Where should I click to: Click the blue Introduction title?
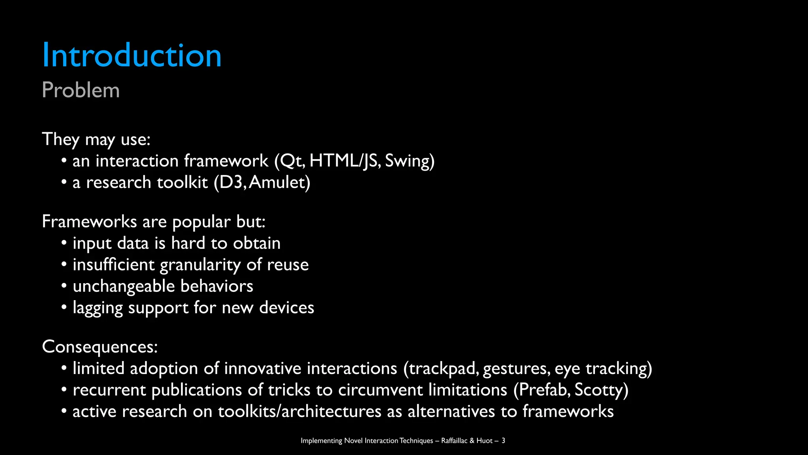click(x=131, y=55)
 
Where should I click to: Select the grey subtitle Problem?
click(x=80, y=90)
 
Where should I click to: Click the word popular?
click(x=201, y=222)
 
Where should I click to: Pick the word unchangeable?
click(x=123, y=286)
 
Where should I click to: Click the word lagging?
click(x=97, y=308)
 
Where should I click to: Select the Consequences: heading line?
click(x=99, y=346)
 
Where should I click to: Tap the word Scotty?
click(x=598, y=390)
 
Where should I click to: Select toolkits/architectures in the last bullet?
click(x=299, y=411)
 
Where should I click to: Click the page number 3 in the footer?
click(x=503, y=440)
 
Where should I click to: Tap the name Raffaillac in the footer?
click(x=454, y=440)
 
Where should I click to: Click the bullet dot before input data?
click(x=64, y=243)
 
